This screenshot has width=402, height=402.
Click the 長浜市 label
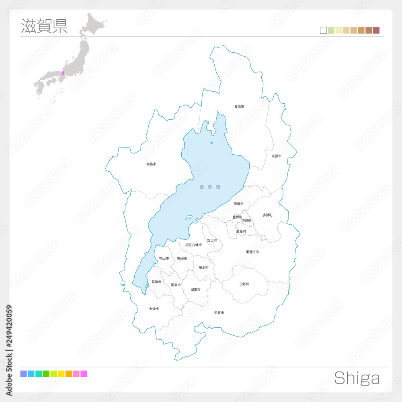(239, 107)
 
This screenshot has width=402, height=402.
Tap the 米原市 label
(276, 156)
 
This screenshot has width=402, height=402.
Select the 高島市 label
(151, 164)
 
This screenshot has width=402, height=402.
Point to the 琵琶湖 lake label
(210, 187)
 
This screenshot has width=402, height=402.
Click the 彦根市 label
(238, 204)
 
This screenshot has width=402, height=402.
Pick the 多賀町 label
(267, 215)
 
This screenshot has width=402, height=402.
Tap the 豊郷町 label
(237, 217)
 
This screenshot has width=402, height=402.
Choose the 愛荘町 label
(241, 232)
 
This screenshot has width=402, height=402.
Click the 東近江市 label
(252, 252)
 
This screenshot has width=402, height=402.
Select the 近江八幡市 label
(193, 245)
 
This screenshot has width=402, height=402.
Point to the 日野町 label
(244, 284)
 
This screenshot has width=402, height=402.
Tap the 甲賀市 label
(219, 313)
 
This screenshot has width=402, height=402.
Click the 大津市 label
(154, 309)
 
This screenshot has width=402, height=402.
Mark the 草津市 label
(156, 282)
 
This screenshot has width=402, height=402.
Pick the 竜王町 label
(203, 267)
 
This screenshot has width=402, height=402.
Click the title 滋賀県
(44, 25)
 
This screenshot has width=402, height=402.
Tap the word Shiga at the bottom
(357, 378)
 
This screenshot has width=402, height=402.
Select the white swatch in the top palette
(323, 31)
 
